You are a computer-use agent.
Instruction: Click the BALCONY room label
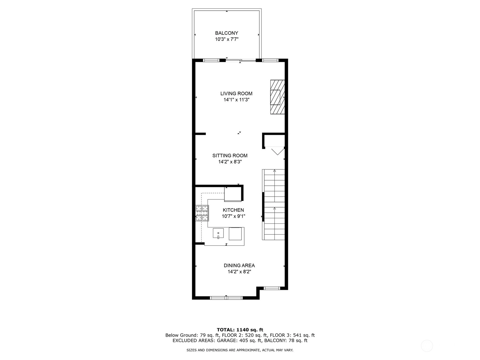click(226, 33)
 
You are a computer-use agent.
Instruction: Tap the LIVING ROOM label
click(236, 94)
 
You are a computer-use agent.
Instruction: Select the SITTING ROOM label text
click(230, 156)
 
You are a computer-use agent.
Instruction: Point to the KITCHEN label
click(233, 210)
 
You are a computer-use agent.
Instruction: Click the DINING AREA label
click(239, 265)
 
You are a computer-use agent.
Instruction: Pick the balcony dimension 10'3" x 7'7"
click(226, 39)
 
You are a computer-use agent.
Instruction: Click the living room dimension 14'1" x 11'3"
click(236, 100)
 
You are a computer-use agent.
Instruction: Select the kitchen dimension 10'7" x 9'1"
click(233, 216)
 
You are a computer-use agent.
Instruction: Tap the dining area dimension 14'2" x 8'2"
click(239, 272)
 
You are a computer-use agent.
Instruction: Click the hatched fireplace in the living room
click(277, 97)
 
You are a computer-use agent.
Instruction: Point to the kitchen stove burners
click(202, 213)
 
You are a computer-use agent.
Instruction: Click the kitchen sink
click(218, 233)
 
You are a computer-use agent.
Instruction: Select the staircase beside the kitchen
click(274, 205)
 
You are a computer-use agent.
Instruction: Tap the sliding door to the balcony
click(241, 60)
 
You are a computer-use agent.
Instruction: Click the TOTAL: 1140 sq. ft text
click(240, 330)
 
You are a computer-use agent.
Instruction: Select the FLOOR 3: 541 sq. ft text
click(292, 335)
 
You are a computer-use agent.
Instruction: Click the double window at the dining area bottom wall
click(226, 298)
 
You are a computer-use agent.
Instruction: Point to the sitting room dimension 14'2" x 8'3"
click(230, 162)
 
